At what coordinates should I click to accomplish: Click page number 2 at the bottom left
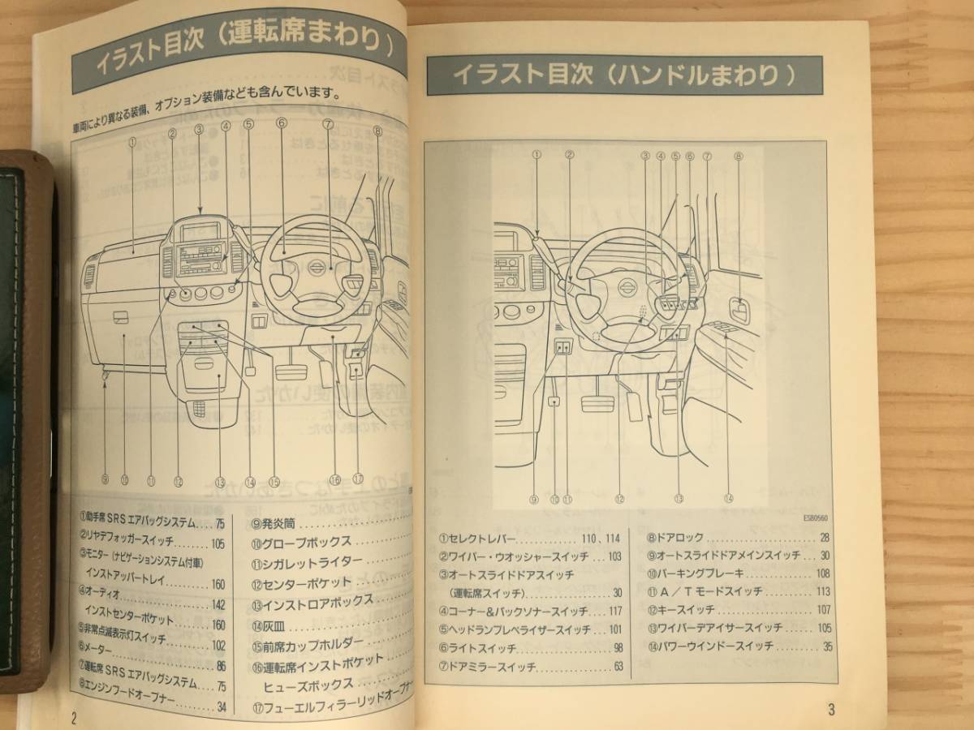point(74,717)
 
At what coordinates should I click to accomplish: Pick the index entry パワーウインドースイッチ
point(714,646)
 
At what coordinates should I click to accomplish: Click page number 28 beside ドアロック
point(825,538)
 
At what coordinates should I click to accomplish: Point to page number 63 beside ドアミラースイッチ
point(618,667)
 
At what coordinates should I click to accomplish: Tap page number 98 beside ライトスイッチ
point(618,648)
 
